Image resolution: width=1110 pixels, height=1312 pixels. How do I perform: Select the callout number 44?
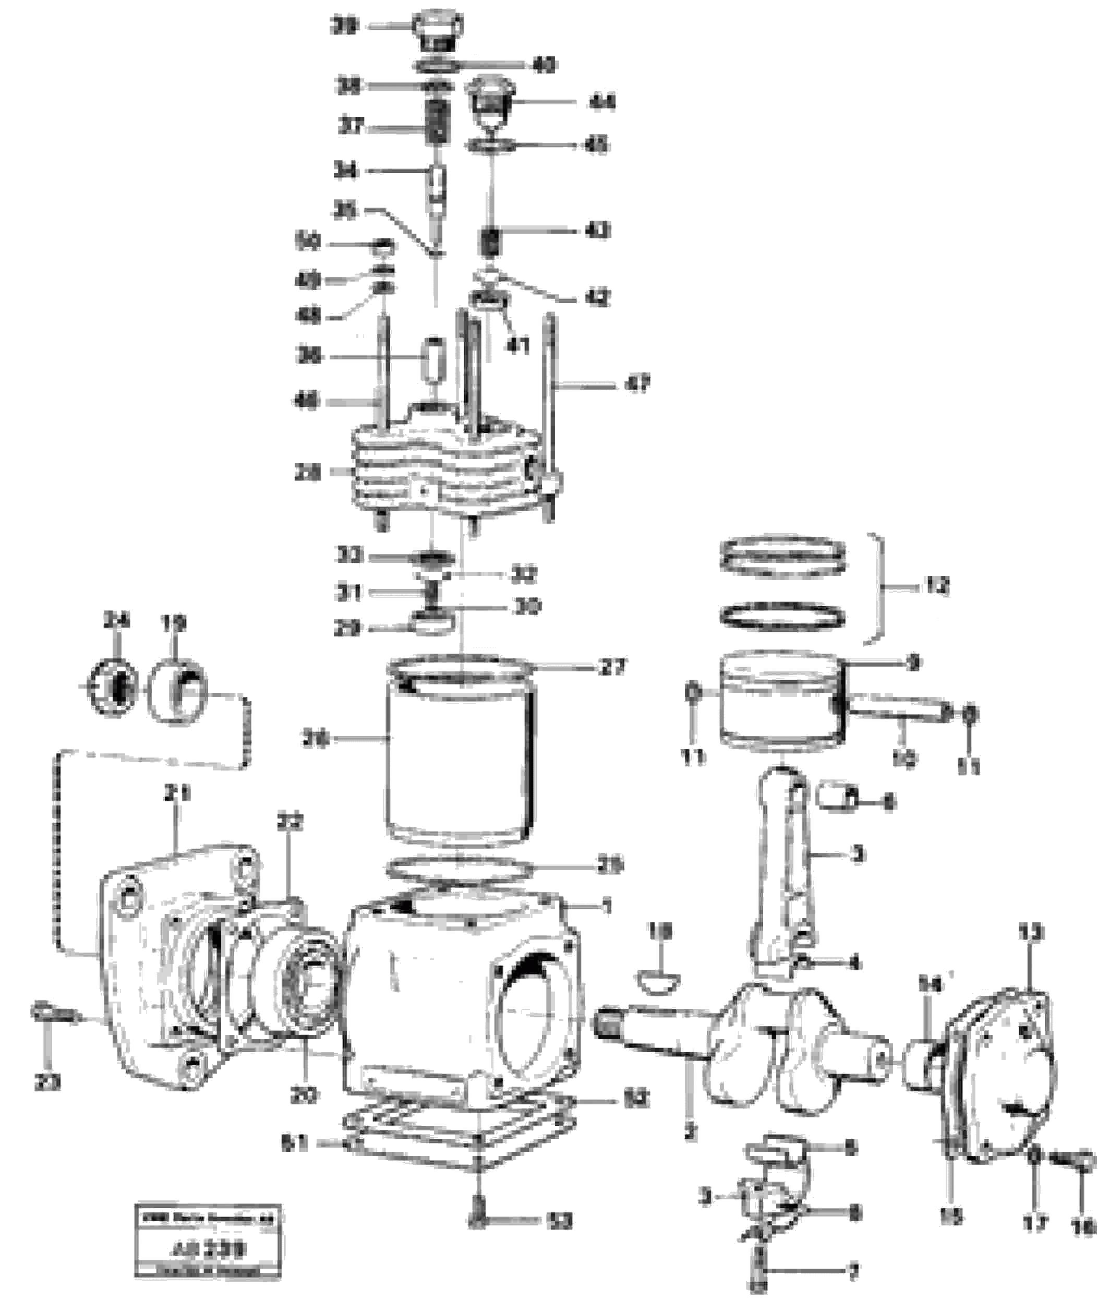(x=602, y=102)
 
